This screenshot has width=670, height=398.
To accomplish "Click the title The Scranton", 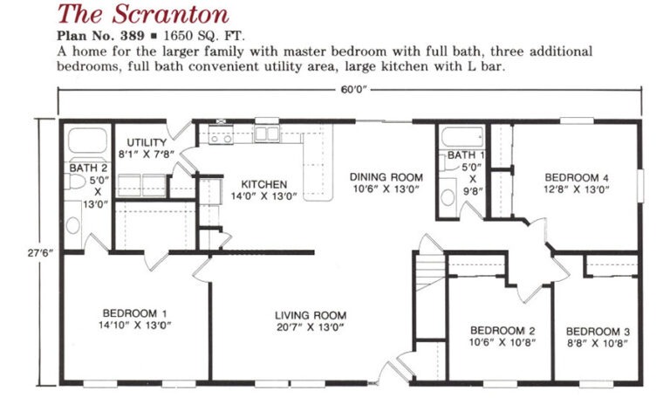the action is tap(143, 14).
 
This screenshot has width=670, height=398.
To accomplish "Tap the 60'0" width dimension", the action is tap(354, 90).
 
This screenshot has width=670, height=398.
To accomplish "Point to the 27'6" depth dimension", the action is tap(40, 252).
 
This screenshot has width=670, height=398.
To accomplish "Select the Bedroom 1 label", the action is tap(134, 313).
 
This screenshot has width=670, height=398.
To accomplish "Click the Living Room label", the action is tap(311, 315).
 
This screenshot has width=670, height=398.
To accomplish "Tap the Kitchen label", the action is tap(264, 184).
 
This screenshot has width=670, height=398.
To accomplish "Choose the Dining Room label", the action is tap(386, 177).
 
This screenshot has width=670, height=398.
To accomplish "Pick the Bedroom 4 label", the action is tap(577, 177).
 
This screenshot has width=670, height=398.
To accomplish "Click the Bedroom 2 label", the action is tap(502, 331).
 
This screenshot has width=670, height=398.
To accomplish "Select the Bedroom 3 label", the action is tap(598, 332).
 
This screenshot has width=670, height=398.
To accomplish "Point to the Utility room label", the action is tap(147, 142).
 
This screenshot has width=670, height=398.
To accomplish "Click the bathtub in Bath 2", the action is tap(87, 141).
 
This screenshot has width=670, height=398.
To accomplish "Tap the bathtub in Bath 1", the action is tap(462, 137).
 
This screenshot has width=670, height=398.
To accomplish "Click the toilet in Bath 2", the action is tap(78, 182).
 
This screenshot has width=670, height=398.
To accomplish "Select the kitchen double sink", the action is tap(267, 134).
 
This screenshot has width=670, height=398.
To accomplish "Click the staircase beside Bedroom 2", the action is tap(431, 271).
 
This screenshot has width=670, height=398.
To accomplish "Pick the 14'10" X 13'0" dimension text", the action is tap(134, 325).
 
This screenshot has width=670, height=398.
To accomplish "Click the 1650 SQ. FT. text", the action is tap(205, 36).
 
